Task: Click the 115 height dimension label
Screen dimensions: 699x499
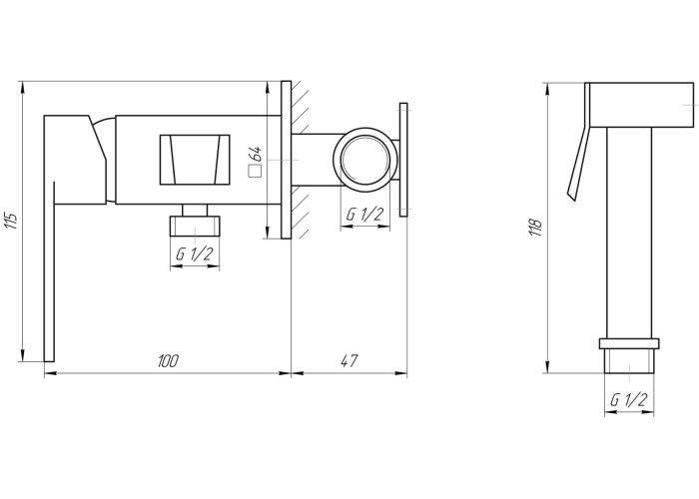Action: (x=12, y=220)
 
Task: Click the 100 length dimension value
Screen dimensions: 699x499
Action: (x=168, y=361)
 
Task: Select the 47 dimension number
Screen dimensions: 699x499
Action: (x=349, y=361)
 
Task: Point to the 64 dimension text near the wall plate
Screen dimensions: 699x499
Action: (x=257, y=154)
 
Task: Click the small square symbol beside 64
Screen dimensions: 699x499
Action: (x=255, y=172)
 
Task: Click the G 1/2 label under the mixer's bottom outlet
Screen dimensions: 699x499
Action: (x=195, y=253)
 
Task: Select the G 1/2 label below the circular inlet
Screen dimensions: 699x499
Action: (x=364, y=215)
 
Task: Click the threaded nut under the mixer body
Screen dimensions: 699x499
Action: (x=195, y=226)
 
